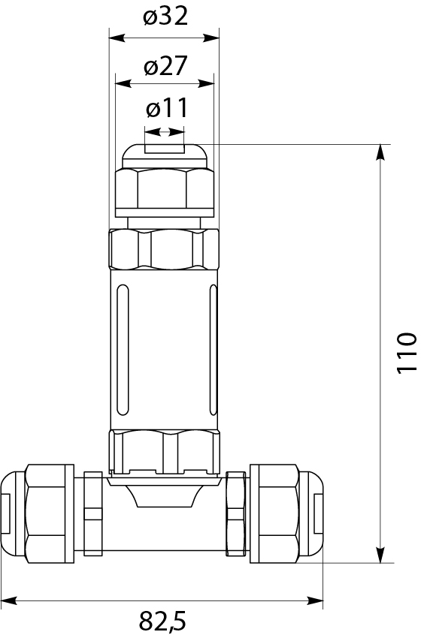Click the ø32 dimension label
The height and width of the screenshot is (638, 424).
coord(164,17)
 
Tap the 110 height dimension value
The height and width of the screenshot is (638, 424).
coord(405,352)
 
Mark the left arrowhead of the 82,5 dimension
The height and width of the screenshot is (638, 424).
coord(10,600)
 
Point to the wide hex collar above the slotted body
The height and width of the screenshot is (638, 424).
coord(164,249)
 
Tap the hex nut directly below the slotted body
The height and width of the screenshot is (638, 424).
coord(164,450)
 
